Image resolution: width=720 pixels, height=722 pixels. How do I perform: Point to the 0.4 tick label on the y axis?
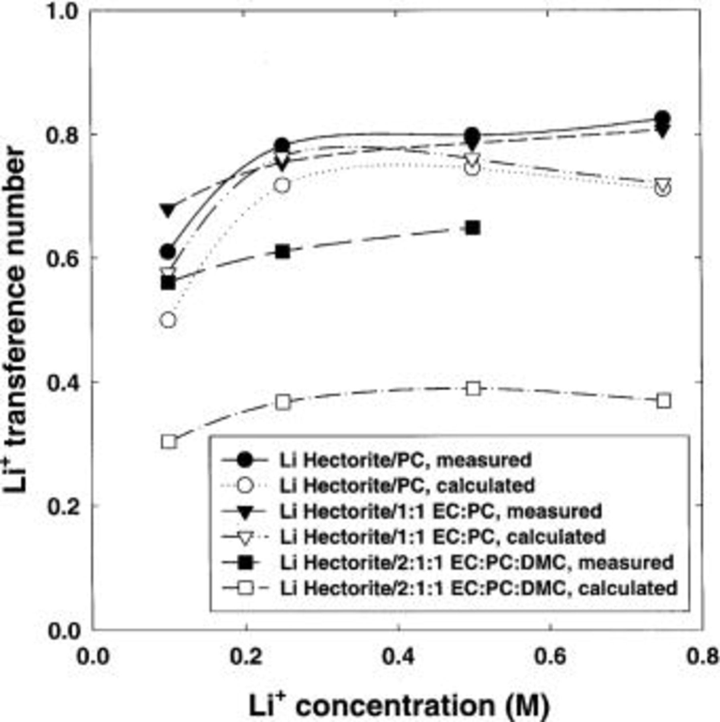coord(64,382)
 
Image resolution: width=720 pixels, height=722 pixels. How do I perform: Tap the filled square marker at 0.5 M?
coord(473,228)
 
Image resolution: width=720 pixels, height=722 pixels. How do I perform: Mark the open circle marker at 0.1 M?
coord(168,320)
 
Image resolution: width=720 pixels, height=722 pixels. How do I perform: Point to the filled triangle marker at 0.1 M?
coord(168,209)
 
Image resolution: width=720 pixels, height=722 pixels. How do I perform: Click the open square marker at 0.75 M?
coord(664,401)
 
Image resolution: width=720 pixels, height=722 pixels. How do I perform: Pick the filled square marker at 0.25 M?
coord(283,251)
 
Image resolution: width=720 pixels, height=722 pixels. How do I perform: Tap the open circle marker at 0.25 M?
coord(282,185)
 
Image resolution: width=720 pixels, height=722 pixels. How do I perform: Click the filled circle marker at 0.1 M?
coord(168,251)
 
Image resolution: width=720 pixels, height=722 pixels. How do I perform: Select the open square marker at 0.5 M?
coord(473,389)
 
